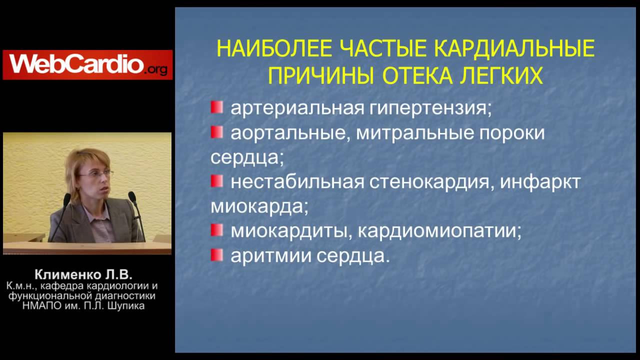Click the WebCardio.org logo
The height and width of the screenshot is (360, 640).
pos(87,64)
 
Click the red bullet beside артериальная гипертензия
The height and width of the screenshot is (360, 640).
pos(216,107)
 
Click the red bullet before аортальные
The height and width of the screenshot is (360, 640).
pos(216,132)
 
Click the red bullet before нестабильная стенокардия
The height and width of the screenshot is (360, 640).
pos(216,181)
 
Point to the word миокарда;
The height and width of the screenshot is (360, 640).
pos(259,206)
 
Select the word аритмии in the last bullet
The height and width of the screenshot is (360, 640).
pos(269,256)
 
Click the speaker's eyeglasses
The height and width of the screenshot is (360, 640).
pos(95,173)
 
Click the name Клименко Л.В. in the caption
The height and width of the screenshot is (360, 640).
pos(83,274)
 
